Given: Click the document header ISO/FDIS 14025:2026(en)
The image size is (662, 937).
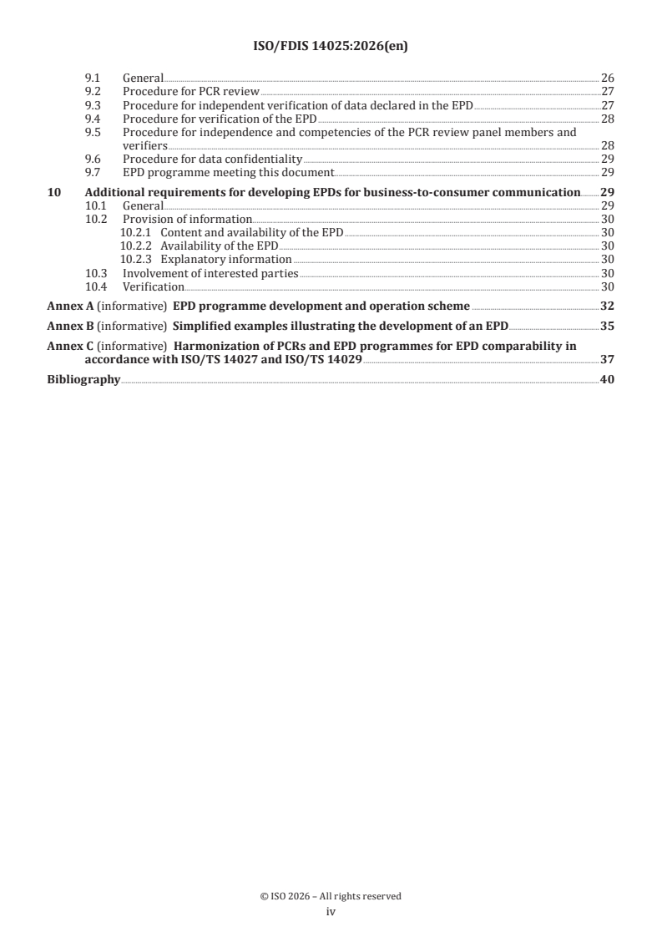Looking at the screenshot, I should tap(331, 48).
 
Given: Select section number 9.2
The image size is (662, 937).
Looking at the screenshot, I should tap(94, 91).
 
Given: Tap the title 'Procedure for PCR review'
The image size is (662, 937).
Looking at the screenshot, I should tap(191, 91).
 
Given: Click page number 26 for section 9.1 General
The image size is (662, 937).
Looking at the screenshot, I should tap(608, 78).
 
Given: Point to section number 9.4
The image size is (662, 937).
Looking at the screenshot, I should tap(94, 119).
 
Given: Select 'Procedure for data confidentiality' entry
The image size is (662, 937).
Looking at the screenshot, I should tap(212, 159).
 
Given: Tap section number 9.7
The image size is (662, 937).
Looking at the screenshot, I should tap(94, 172).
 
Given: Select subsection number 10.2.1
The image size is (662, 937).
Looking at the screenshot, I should tap(136, 232).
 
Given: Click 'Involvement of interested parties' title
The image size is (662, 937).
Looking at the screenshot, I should tap(210, 272).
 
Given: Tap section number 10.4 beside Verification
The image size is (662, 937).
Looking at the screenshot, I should tap(98, 286).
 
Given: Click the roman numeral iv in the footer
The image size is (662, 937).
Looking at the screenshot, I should tap(331, 912).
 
